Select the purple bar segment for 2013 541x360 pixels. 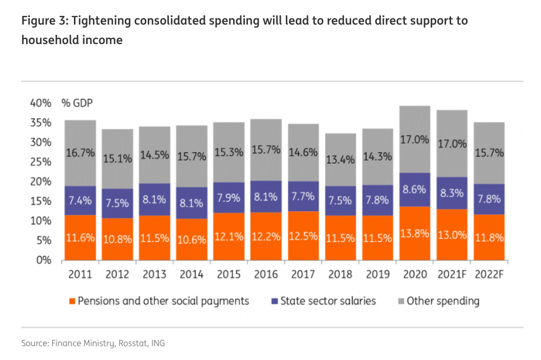154,199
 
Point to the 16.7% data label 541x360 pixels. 80,153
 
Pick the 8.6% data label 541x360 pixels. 415,189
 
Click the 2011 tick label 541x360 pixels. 80,274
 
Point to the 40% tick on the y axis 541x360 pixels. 41,103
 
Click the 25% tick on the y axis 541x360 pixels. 41,162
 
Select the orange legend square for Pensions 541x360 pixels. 72,301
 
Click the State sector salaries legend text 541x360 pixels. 328,301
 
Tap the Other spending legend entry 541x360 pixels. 442,301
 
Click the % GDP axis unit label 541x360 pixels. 77,103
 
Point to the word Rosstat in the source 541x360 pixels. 133,343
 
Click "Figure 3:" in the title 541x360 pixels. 43,22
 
